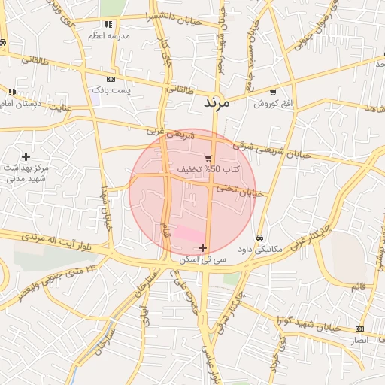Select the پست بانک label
tap(111, 90)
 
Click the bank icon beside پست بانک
tap(111, 79)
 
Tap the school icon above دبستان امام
tap(11, 92)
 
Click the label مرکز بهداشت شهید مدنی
tap(25, 174)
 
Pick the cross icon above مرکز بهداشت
tap(26, 156)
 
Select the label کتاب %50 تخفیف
tap(208, 170)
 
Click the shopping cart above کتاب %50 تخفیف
tap(208, 158)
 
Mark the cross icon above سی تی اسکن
tap(202, 247)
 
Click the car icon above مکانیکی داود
tap(259, 238)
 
